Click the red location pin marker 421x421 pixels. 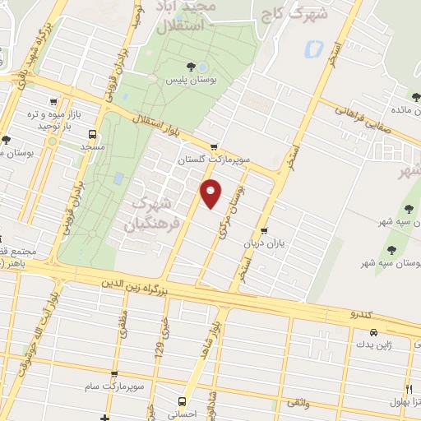point(211,194)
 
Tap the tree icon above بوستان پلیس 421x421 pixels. point(191,67)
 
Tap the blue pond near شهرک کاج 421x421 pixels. point(312,49)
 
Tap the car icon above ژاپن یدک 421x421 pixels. point(374,332)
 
